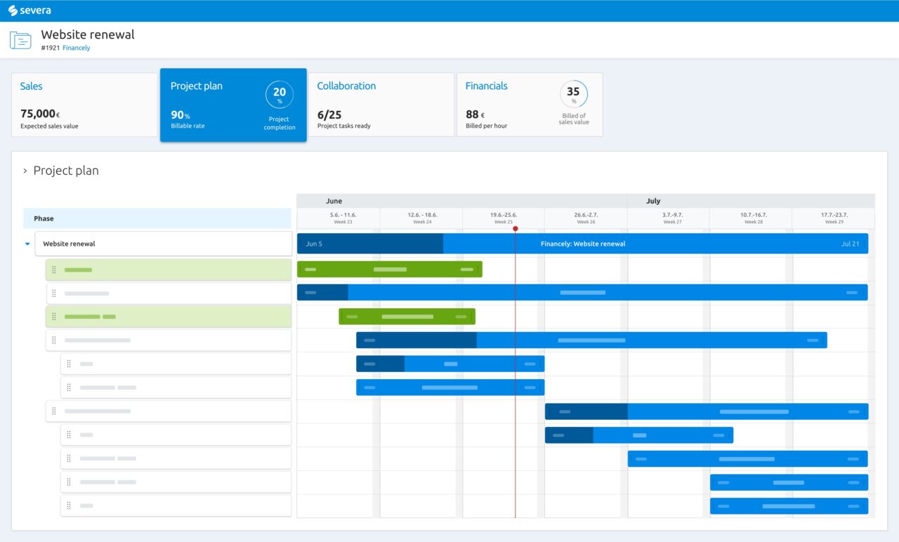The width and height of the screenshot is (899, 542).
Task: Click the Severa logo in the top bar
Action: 29,11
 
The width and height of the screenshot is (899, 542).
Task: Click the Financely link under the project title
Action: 76,48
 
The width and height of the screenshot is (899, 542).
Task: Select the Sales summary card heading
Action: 31,86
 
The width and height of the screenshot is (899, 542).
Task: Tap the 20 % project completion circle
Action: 280,95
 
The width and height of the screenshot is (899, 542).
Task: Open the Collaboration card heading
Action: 346,86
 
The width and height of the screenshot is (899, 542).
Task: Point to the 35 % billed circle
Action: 574,94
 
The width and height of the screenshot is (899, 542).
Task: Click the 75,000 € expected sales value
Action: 39,114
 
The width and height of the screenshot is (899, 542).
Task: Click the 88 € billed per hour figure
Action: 475,114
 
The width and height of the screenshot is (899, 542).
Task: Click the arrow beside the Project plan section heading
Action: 25,171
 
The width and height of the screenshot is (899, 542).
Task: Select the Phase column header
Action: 44,218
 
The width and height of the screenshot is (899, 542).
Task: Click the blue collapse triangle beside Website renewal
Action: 27,244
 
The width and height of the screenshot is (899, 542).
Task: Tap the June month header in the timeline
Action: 334,201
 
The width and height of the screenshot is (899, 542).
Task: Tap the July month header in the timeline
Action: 653,201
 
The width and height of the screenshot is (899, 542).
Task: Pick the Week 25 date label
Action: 504,218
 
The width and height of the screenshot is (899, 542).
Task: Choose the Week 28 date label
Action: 754,218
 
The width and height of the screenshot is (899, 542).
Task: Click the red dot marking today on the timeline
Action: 516,229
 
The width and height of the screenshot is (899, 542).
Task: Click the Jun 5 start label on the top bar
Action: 314,244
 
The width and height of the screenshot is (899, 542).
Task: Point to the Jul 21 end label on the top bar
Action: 850,244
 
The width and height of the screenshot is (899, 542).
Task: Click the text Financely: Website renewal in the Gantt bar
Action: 583,244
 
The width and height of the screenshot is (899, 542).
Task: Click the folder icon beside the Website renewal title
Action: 20,40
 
